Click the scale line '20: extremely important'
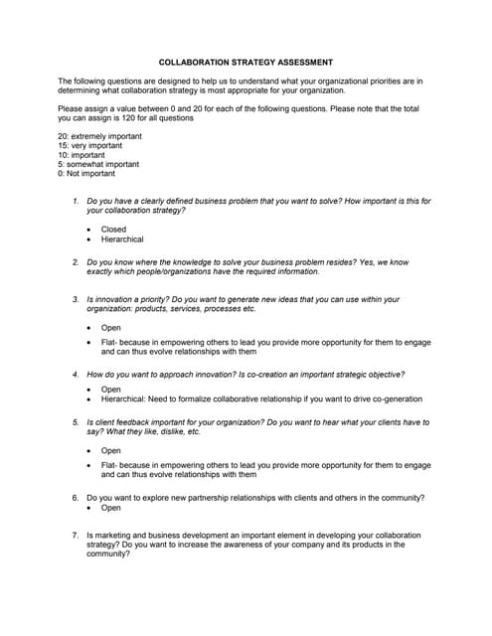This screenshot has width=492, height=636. point(99,136)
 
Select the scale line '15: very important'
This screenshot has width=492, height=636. point(91,146)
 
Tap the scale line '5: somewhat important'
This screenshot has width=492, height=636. point(98,164)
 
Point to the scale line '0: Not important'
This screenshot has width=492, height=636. point(86,174)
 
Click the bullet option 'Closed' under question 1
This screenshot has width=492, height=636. point(113,229)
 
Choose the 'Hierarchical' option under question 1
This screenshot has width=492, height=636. point(122,239)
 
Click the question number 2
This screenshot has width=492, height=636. point(76,262)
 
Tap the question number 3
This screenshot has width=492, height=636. point(76,299)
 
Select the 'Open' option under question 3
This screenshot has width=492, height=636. point(111,327)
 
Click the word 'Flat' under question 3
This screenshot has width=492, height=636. point(109,343)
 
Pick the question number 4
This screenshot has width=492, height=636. point(76,375)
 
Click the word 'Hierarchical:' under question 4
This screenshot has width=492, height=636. point(125,399)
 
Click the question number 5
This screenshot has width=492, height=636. point(76,422)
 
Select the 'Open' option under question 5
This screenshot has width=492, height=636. point(111,450)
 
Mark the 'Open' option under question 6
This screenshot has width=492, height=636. point(111,508)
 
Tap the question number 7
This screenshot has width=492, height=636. point(76,535)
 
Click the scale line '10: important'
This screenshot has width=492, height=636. point(83,155)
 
